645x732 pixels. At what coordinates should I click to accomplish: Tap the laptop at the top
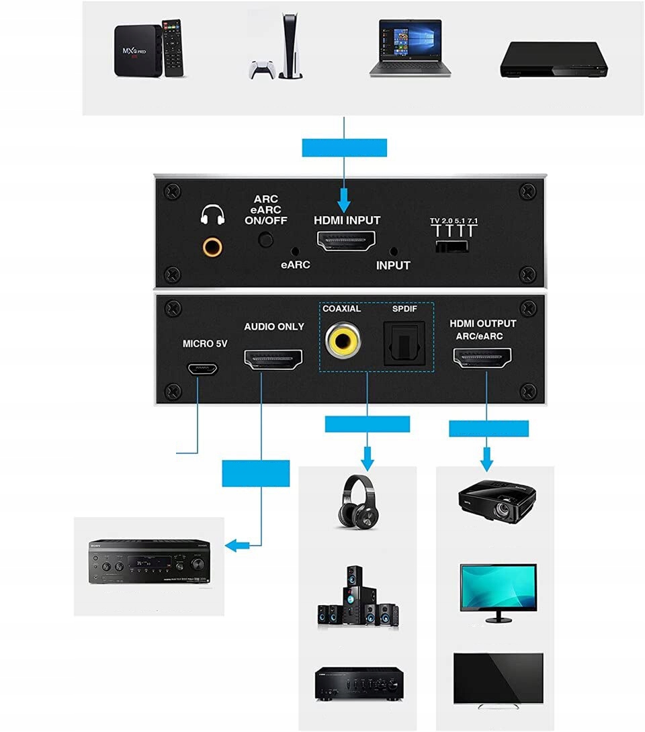click(409, 48)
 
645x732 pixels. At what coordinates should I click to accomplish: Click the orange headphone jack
click(212, 247)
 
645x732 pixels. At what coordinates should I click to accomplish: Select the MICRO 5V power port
click(203, 369)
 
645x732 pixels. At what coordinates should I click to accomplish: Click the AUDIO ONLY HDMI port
click(273, 360)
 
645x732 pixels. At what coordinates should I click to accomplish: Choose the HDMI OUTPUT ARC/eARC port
click(483, 359)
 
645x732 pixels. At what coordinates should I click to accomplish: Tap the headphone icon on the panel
click(212, 215)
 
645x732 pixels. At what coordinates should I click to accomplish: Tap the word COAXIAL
click(341, 309)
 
